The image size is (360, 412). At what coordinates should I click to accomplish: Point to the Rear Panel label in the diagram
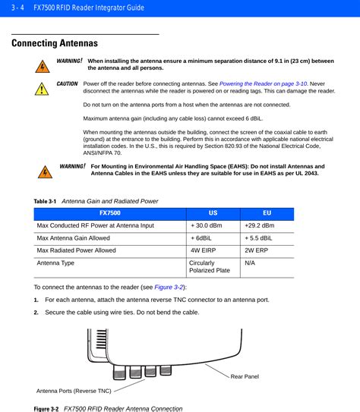(245, 376)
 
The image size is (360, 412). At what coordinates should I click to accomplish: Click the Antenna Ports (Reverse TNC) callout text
(74, 391)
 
